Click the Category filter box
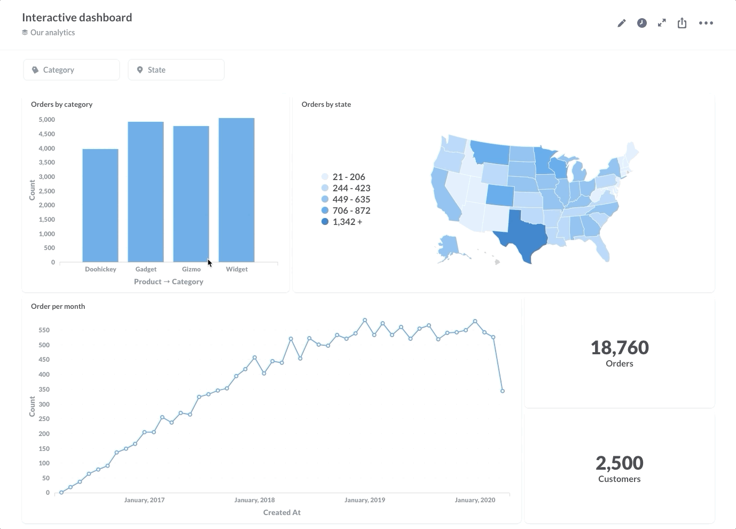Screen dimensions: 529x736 [x=71, y=70]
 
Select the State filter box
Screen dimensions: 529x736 [x=176, y=70]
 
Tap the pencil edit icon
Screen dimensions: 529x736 [x=621, y=23]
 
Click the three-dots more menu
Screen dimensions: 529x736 [x=706, y=23]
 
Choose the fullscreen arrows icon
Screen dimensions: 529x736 [x=662, y=23]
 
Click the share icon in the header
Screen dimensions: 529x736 [x=682, y=23]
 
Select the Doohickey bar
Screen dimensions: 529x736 [x=100, y=206]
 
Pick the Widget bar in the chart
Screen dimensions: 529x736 [x=237, y=190]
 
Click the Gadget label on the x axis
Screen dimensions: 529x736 [x=146, y=269]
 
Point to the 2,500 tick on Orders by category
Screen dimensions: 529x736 [x=46, y=191]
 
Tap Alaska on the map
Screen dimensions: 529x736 [x=448, y=246]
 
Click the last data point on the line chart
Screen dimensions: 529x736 [x=503, y=391]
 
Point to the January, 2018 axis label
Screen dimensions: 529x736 [x=254, y=500]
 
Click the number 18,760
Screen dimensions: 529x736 [x=620, y=348]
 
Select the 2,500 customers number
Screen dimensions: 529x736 [x=620, y=463]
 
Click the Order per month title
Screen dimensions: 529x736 [x=58, y=306]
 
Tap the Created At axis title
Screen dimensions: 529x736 [x=282, y=512]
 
